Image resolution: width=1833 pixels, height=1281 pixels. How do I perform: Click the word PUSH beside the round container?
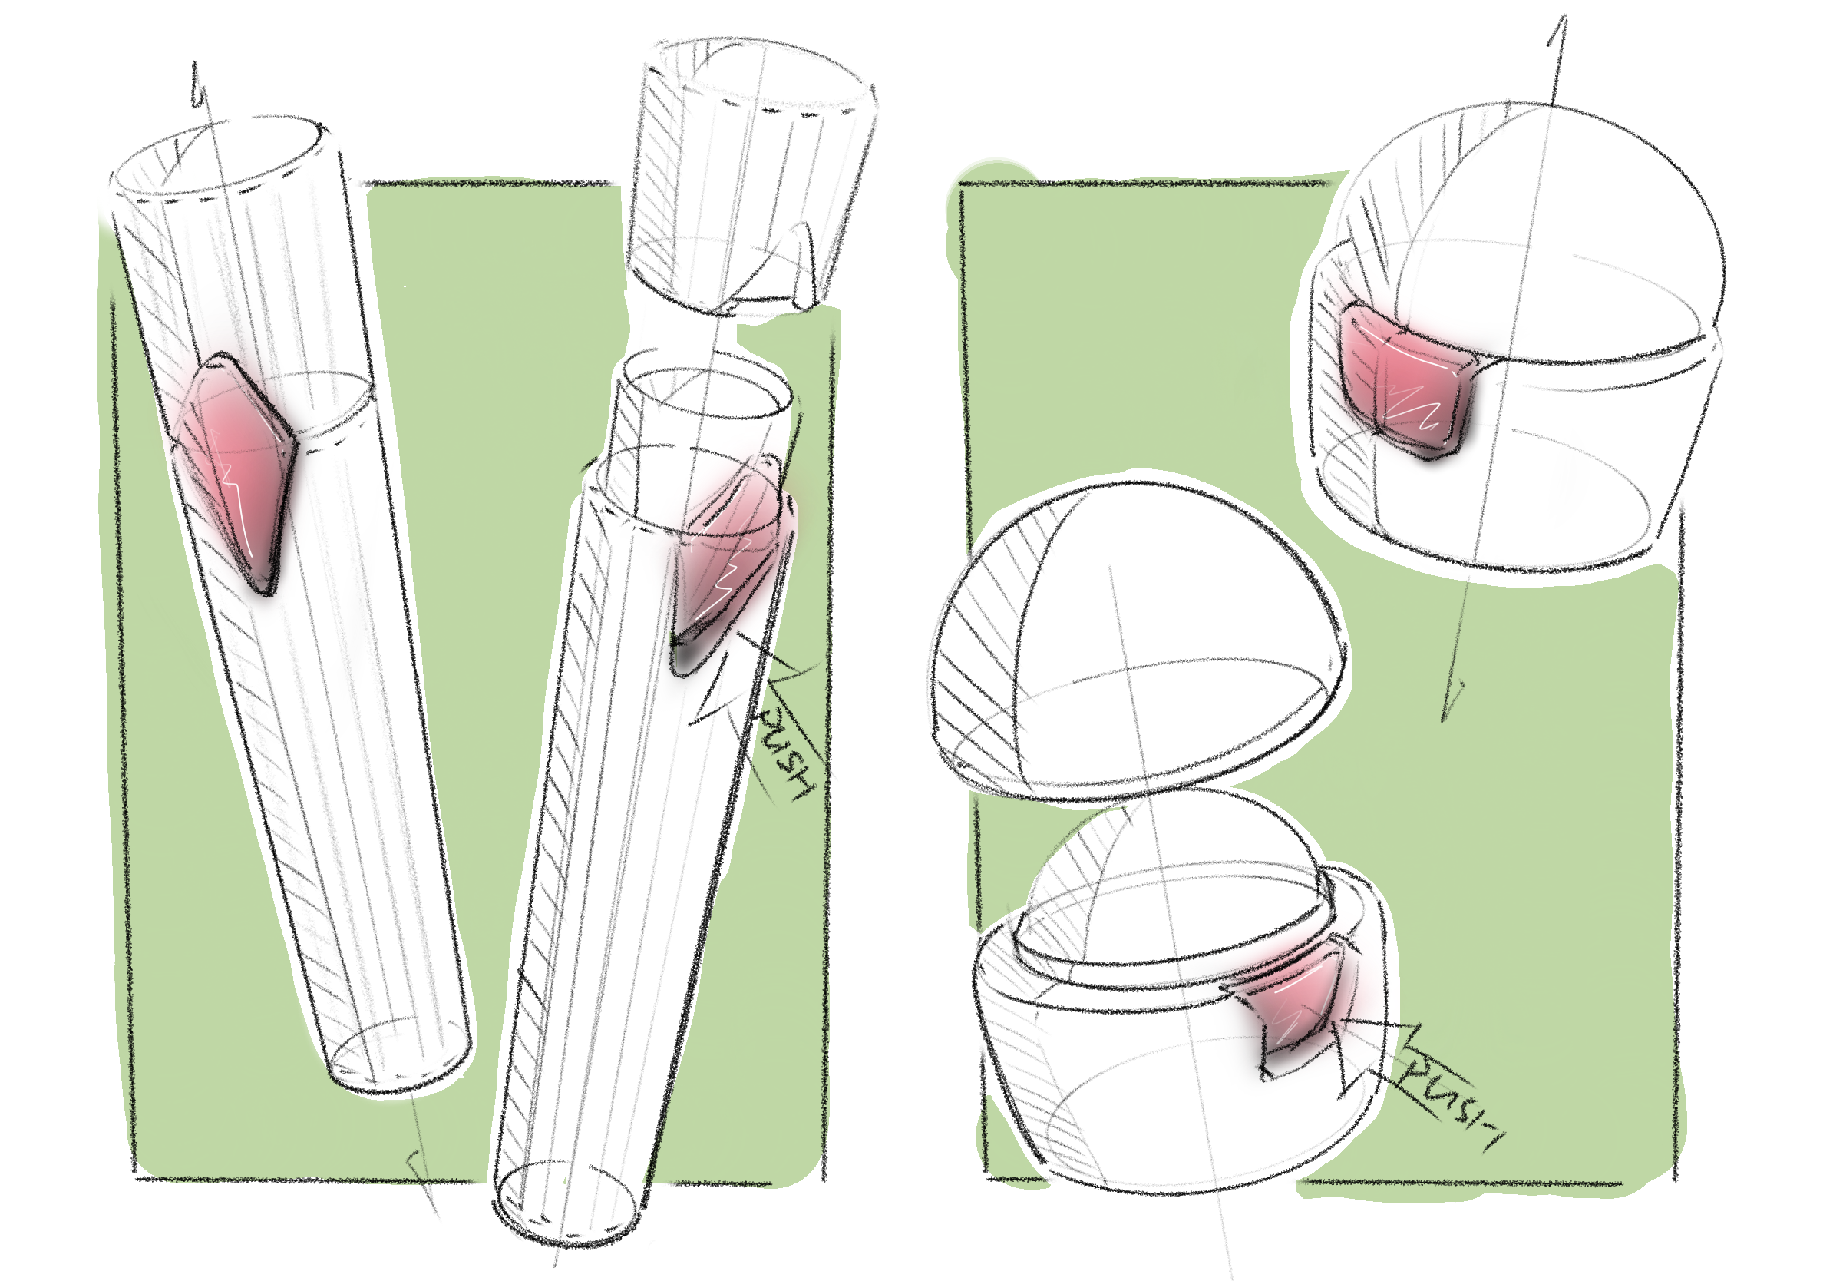[x=1449, y=1102]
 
